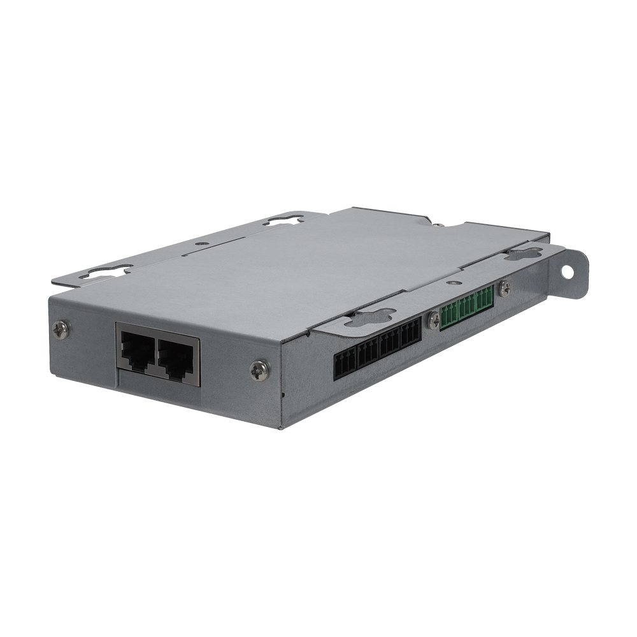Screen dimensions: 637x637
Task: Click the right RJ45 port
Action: click(x=176, y=355)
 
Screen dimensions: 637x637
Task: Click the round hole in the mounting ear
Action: click(x=566, y=271)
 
